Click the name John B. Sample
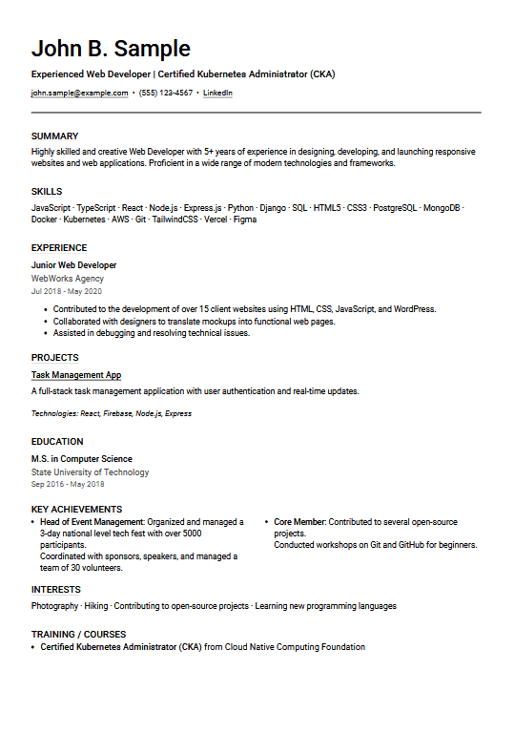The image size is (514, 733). click(x=111, y=49)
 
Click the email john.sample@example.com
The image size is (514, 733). click(x=79, y=94)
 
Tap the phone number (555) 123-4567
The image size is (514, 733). click(x=166, y=94)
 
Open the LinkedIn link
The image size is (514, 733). click(x=217, y=94)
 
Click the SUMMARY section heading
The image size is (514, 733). click(x=54, y=136)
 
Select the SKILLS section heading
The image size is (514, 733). click(x=47, y=192)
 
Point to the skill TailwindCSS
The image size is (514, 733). click(x=175, y=220)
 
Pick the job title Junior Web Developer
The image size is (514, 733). click(x=74, y=265)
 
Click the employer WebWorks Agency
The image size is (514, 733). click(x=68, y=279)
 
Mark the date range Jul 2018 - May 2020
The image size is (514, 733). click(x=66, y=291)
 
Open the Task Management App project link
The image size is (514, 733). click(x=76, y=375)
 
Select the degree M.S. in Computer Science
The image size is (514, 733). click(x=82, y=459)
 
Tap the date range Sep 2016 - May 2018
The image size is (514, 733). click(x=68, y=485)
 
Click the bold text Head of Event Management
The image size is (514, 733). click(x=92, y=522)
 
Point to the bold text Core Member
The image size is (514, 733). click(x=299, y=522)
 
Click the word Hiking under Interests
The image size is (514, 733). click(x=95, y=606)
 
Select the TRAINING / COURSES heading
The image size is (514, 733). click(x=78, y=634)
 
